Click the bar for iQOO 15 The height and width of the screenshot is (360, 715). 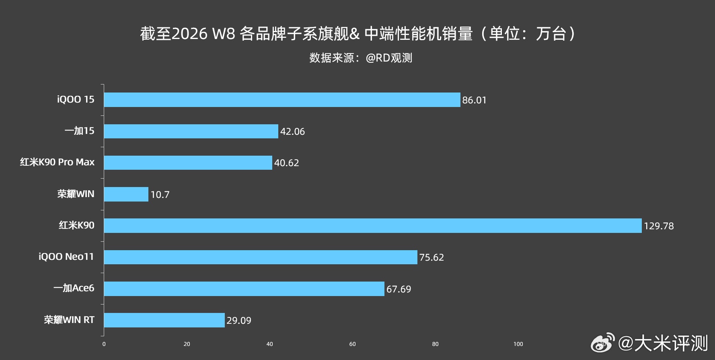(281, 100)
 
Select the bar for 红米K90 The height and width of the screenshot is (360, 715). (372, 226)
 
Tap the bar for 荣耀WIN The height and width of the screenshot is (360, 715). (126, 194)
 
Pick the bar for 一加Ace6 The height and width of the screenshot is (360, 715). (244, 289)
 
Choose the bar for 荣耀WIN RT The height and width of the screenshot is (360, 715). (164, 320)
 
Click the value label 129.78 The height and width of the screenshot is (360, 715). (658, 226)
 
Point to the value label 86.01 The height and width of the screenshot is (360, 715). (474, 100)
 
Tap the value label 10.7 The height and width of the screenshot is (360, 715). (160, 195)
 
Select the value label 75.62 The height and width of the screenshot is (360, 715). (431, 257)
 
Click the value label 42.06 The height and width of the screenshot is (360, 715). (292, 132)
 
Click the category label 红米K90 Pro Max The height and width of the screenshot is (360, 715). (57, 162)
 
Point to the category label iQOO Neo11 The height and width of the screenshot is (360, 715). (66, 257)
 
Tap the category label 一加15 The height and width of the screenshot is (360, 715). (79, 131)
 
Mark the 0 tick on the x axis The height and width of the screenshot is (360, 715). (104, 344)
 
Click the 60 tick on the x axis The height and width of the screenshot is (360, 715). (352, 344)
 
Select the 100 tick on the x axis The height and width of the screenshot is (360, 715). (518, 344)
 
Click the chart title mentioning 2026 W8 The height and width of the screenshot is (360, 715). (357, 34)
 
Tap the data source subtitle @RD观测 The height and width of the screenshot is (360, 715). (361, 58)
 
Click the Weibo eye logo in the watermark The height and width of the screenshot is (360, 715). (602, 343)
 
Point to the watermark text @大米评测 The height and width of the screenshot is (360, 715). (663, 344)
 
